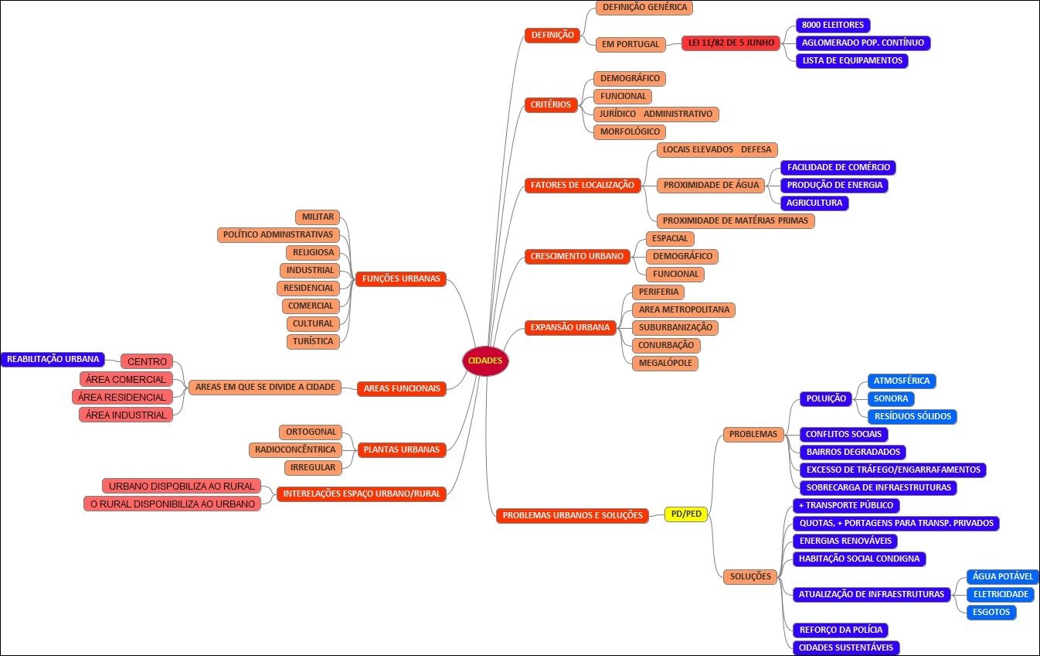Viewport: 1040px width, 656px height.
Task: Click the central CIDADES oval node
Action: (485, 360)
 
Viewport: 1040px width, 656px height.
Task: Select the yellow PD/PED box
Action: (685, 514)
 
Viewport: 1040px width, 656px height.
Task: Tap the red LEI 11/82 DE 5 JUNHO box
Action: (730, 43)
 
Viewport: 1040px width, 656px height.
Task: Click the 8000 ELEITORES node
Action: (833, 26)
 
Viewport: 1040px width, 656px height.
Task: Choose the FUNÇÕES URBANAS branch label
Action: (401, 278)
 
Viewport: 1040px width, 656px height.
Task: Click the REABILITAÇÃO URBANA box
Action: (53, 359)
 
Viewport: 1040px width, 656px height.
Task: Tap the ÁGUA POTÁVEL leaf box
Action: (1002, 576)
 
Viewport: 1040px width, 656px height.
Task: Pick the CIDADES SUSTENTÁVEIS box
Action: (846, 647)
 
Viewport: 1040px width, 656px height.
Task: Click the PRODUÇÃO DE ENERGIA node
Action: (834, 185)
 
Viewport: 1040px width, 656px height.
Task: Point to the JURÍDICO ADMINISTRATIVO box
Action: (656, 114)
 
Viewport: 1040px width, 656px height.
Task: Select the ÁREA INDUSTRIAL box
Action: (124, 415)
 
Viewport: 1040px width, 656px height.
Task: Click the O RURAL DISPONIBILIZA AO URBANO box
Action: (171, 504)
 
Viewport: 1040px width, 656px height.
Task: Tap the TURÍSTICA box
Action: (313, 341)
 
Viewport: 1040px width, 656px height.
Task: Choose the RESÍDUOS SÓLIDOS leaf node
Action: (912, 416)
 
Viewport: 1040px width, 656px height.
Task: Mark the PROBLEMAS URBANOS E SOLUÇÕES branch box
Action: (573, 515)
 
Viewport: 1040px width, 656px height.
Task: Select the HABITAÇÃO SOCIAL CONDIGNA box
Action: (858, 559)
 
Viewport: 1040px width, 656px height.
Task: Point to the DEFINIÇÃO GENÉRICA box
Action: (644, 8)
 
